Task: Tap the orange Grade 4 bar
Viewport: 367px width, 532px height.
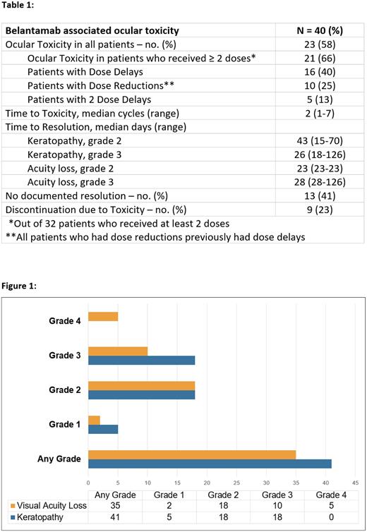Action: (x=102, y=317)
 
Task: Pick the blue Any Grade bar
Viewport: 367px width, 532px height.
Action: (x=209, y=463)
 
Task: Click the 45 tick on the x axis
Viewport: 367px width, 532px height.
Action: (x=356, y=483)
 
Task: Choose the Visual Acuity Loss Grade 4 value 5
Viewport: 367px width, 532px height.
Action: (x=331, y=504)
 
